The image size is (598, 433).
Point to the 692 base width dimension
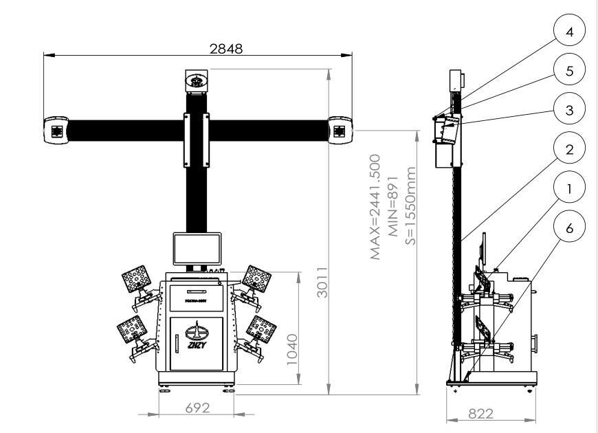click(195, 408)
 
